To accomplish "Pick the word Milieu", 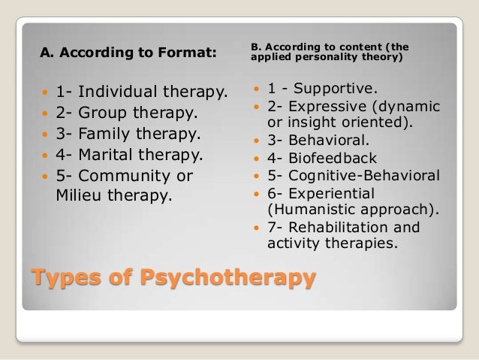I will tap(81, 197).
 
